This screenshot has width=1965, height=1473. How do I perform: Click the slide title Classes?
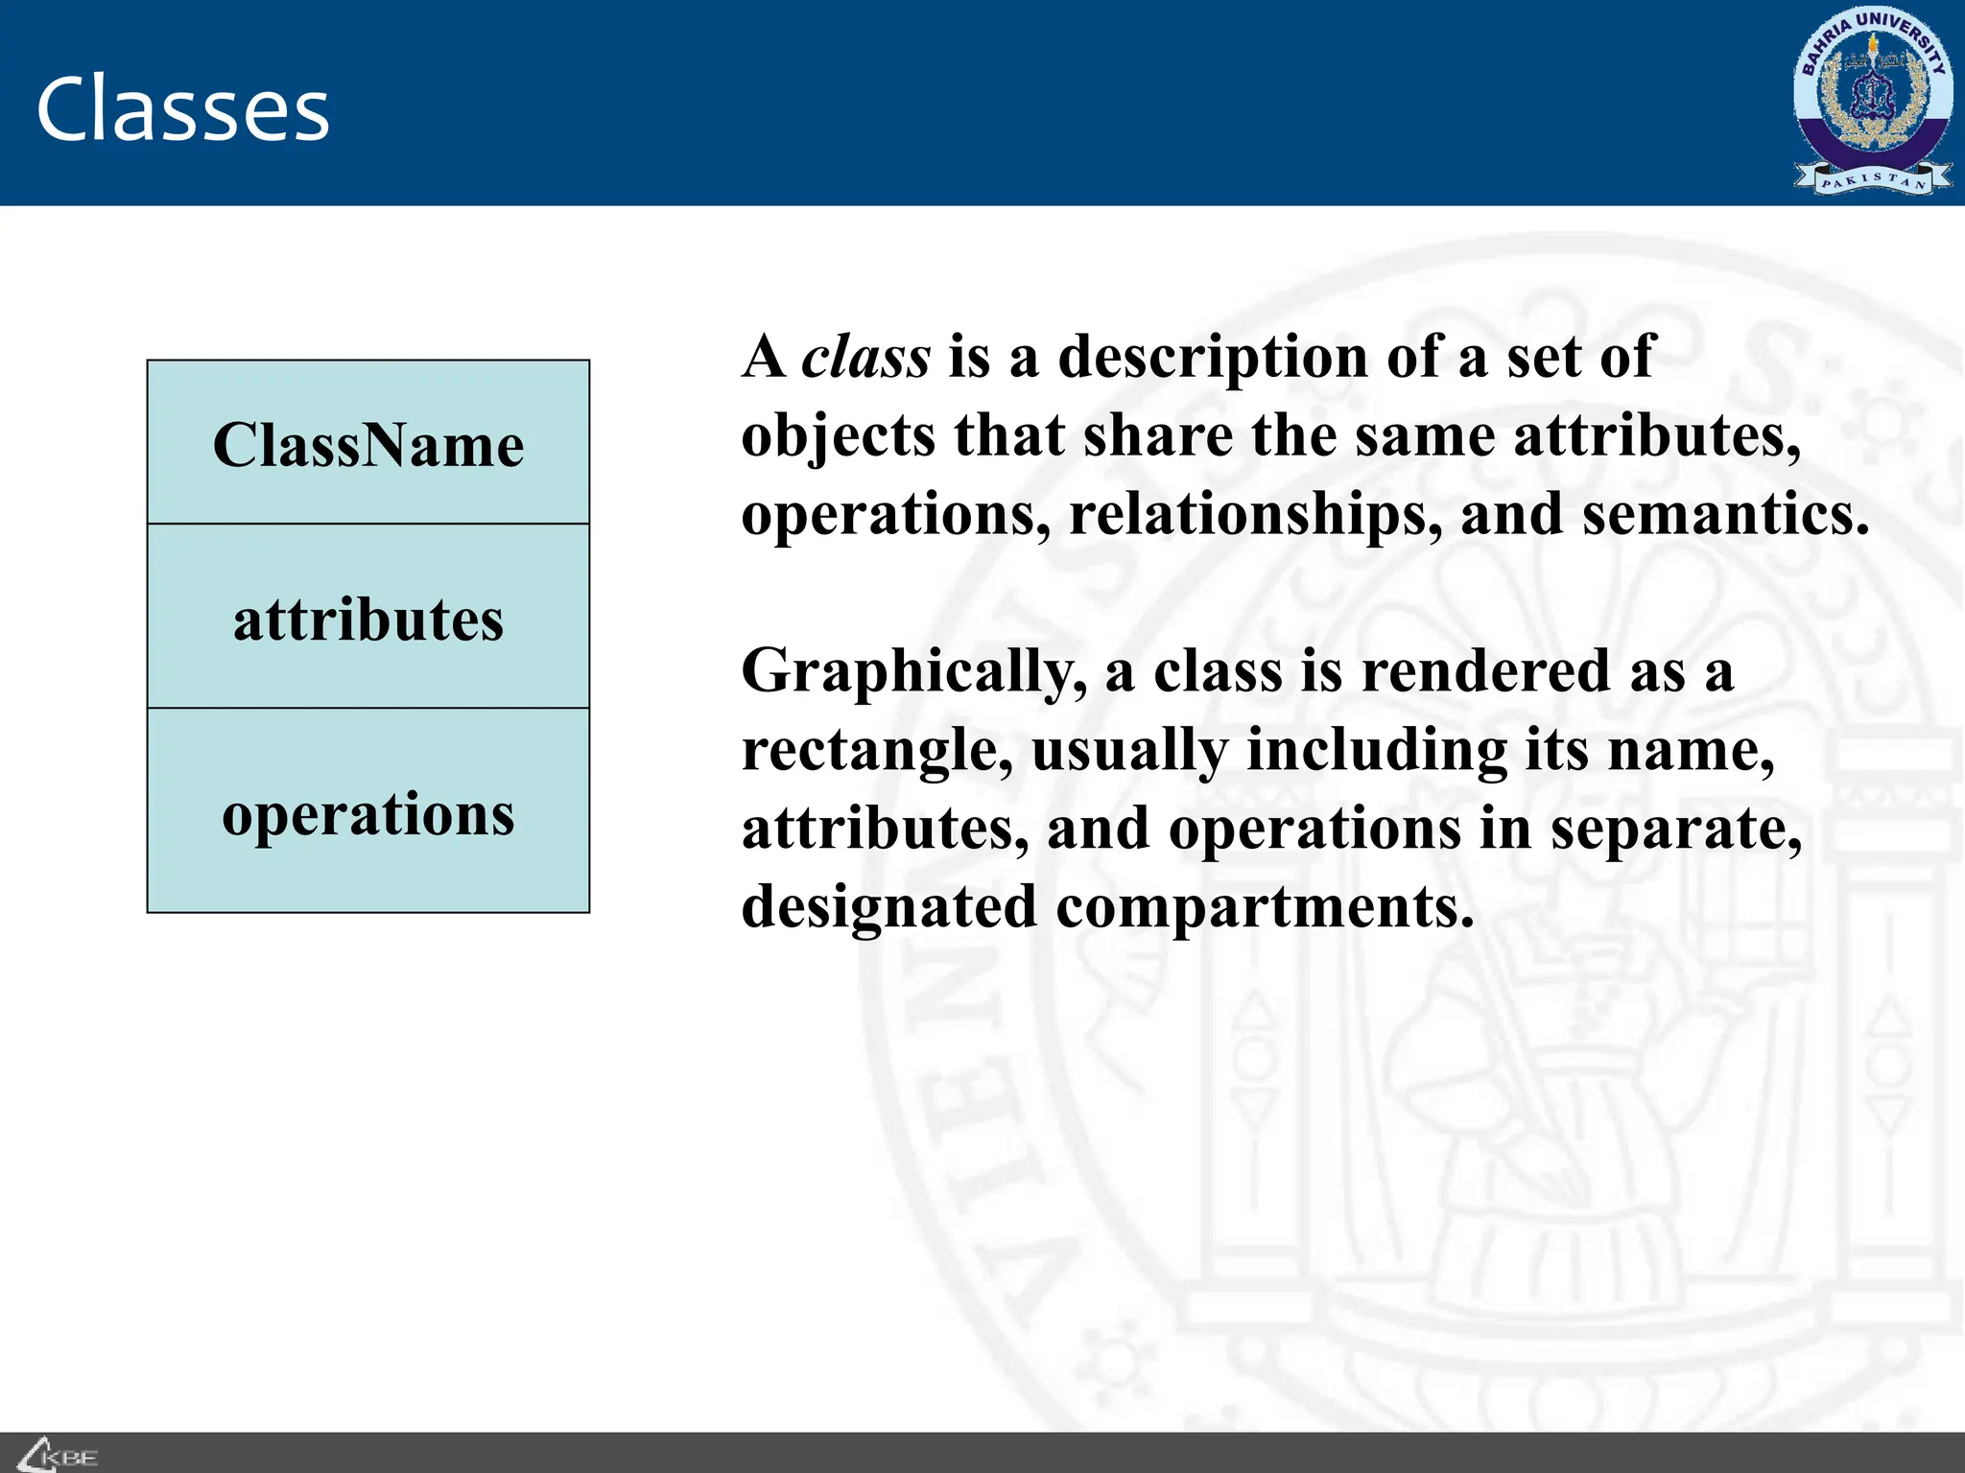(x=182, y=109)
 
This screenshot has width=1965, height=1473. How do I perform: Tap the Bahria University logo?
(x=1872, y=101)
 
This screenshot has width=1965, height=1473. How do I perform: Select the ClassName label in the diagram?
(x=368, y=445)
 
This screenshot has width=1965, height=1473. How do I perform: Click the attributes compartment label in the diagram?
(x=368, y=620)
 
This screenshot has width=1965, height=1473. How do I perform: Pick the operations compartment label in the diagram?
(x=368, y=814)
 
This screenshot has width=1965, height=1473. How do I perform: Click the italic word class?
(x=865, y=357)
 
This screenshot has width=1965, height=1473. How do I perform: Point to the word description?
(x=1213, y=359)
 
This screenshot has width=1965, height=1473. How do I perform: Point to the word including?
(x=1377, y=751)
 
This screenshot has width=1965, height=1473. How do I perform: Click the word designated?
(x=889, y=908)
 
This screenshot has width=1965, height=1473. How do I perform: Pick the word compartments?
(x=1265, y=908)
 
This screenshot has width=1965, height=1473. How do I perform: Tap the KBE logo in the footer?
(x=59, y=1455)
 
